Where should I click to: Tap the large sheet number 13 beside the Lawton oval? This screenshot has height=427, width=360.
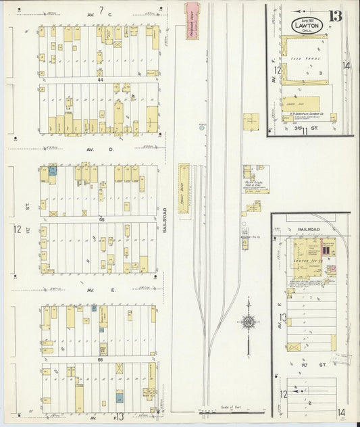pos(335,16)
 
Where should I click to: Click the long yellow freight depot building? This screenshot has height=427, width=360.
pos(182,188)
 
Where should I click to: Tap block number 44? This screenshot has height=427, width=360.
pos(100,79)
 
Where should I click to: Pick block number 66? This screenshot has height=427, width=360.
pos(100,360)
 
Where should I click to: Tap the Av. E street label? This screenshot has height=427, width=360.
pos(104,290)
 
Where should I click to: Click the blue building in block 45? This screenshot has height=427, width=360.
pos(52,172)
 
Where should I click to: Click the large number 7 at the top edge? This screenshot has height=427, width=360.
pos(101,9)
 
